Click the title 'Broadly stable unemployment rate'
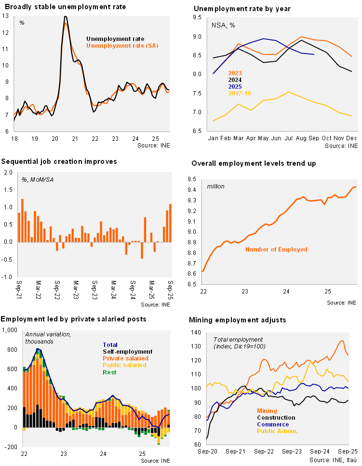coord(64,7)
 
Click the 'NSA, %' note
coord(223,25)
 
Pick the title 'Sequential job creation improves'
coord(59,162)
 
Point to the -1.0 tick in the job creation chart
coord(8,277)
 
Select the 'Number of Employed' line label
coord(276,250)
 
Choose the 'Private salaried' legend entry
coord(125,358)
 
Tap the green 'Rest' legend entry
coord(110,372)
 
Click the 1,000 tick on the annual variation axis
coord(9,330)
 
